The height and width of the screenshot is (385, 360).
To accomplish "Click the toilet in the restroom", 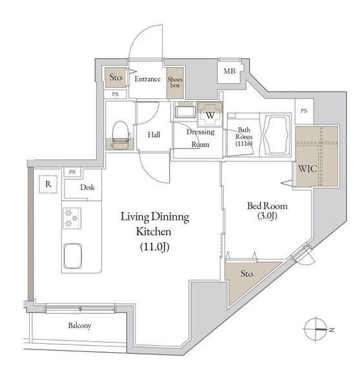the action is pos(121,135).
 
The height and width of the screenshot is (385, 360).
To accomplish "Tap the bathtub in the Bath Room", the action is pos(275,135).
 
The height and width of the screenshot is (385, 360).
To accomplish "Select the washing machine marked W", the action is pos(210,114).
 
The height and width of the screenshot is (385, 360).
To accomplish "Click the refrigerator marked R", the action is pos(48,184).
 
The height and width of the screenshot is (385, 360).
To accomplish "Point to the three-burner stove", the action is pos(72,218).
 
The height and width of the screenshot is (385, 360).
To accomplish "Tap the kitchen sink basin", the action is pos(73,256).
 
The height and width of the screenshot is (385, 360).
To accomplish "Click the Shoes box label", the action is pos(175,83).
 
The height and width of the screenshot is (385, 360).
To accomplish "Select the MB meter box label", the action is pos(230,71).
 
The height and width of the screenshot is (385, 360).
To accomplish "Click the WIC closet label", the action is pos(307,169).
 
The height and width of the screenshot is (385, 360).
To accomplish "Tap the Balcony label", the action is pos(79,326).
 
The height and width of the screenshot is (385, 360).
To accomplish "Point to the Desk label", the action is pos(87,188).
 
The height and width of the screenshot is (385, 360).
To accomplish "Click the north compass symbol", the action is pos(317,329).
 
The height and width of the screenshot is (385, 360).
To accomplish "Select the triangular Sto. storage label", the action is pos(247,273).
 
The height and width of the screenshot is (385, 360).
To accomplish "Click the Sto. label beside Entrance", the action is pos(116,77).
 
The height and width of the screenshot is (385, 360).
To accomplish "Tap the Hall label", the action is pos(154,135).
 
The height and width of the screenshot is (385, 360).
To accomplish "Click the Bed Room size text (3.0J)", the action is pos(268,216).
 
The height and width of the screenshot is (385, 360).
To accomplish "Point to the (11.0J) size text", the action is pos(155,247).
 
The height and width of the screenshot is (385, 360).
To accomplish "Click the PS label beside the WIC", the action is pos(304,111).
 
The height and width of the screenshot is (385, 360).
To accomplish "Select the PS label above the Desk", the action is pos(72,172).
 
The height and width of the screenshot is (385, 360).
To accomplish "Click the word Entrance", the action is pos(148,79).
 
